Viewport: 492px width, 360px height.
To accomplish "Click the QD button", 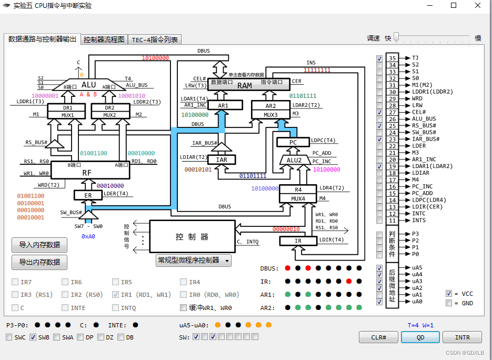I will [420, 337].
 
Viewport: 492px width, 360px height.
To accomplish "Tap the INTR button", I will [462, 337].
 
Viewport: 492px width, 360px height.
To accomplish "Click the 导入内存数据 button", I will [39, 245].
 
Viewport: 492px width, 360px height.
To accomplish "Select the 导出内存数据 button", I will [39, 262].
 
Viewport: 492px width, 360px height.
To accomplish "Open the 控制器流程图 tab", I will [104, 39].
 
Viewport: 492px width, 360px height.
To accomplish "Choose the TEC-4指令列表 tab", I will [155, 39].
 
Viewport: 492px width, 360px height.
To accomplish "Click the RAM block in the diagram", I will [245, 85].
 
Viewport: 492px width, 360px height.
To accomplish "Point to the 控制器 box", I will [192, 237].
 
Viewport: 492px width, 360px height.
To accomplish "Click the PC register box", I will [293, 142].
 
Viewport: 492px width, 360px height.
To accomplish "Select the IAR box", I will [222, 159].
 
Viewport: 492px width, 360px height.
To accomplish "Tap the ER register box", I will [88, 195].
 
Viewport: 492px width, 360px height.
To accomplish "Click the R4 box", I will [298, 189].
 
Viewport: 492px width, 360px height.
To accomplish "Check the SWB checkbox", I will [33, 337].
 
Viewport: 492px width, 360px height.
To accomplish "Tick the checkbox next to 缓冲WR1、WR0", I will [184, 308].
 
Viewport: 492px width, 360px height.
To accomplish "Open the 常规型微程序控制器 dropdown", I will [194, 261].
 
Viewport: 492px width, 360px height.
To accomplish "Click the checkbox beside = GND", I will [449, 303].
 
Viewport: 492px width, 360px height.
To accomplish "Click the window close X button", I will [477, 6].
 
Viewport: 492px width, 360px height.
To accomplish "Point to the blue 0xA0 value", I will [88, 236].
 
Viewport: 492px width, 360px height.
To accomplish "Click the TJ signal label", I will [415, 58].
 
